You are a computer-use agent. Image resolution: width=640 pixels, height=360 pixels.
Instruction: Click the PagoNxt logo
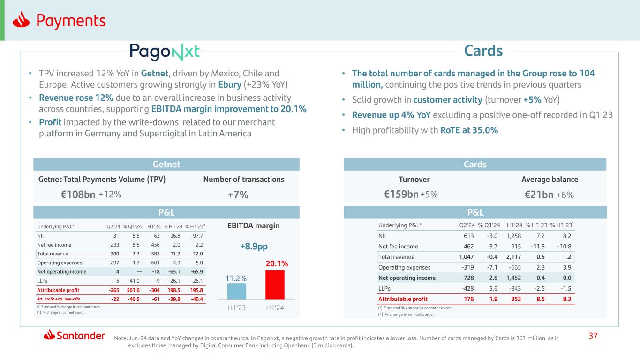[x=165, y=52]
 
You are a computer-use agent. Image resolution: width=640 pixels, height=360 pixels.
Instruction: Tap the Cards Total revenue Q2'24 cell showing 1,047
[x=466, y=257]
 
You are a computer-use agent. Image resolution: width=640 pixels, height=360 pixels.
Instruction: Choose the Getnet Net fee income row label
[x=54, y=244]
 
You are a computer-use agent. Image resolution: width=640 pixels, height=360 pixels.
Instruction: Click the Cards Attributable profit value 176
[x=469, y=299]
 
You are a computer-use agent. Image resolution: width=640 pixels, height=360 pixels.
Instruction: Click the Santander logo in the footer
[x=74, y=335]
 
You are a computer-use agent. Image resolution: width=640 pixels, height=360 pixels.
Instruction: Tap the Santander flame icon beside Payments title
[x=22, y=20]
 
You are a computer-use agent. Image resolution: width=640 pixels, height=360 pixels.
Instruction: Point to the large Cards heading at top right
[x=483, y=51]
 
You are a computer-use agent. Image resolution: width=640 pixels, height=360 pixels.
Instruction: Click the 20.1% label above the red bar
[x=276, y=264]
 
